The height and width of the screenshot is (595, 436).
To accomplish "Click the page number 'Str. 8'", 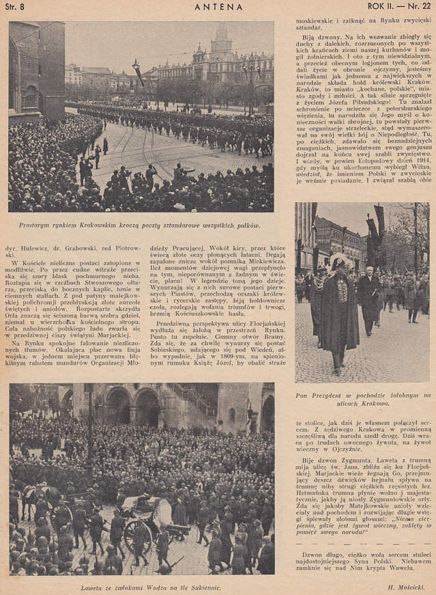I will click(x=16, y=7).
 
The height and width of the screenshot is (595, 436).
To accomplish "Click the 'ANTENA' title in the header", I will click(x=218, y=7).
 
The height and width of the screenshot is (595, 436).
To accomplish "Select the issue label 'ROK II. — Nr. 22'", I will click(x=396, y=7).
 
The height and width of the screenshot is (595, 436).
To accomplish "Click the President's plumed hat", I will click(x=339, y=262).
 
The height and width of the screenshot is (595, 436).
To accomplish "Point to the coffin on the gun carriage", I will click(x=156, y=509).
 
